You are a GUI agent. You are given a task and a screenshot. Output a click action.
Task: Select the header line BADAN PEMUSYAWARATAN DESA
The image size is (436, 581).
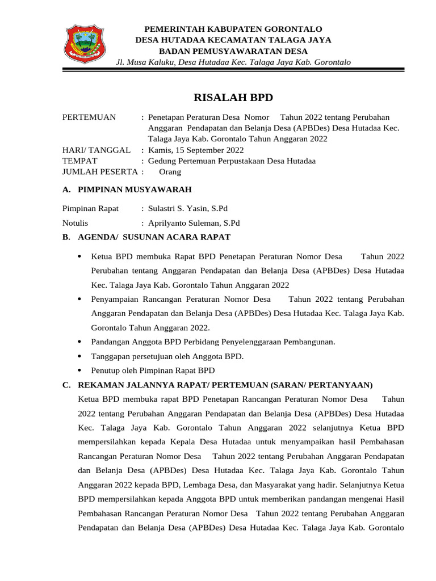pyautogui.click(x=233, y=50)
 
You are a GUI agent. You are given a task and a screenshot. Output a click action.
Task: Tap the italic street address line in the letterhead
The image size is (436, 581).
pyautogui.click(x=233, y=61)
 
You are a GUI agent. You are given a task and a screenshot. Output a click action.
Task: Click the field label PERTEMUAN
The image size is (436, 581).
pyautogui.click(x=89, y=117)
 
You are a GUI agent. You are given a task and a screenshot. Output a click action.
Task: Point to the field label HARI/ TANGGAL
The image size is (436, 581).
pyautogui.click(x=96, y=150)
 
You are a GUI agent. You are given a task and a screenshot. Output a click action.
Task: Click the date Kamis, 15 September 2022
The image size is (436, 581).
pyautogui.click(x=196, y=150)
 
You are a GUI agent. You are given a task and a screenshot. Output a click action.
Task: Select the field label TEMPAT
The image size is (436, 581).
pyautogui.click(x=79, y=161)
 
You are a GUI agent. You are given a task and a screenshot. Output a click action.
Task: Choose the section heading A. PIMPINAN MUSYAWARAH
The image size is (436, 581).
pyautogui.click(x=127, y=190)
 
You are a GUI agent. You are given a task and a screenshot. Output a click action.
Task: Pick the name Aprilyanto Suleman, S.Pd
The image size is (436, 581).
pyautogui.click(x=194, y=223)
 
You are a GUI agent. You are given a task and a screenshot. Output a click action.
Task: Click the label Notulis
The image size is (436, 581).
pyautogui.click(x=75, y=223)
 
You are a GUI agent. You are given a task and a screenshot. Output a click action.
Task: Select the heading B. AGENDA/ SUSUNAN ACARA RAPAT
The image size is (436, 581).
pyautogui.click(x=146, y=237)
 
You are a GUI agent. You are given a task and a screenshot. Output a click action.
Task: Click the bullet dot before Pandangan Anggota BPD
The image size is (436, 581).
pyautogui.click(x=79, y=342)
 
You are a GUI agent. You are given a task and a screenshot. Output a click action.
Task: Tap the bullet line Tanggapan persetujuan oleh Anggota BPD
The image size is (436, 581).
pyautogui.click(x=167, y=356)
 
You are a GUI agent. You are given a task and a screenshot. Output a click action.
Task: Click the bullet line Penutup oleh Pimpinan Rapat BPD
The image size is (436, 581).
pyautogui.click(x=153, y=371)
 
